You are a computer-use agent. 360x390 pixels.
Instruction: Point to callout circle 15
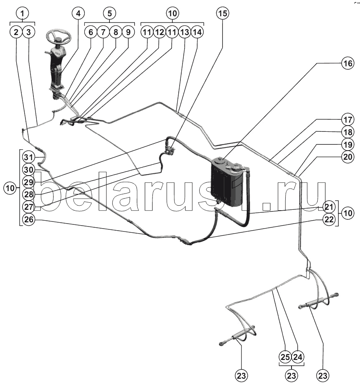tap(223, 13)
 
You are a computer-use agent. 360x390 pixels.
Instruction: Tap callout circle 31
tap(28, 157)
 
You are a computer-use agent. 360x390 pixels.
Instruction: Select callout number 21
tap(329, 207)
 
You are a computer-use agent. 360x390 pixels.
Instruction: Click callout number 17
tap(347, 119)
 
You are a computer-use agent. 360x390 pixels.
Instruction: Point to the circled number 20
tap(347, 157)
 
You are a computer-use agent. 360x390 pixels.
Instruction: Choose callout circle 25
tap(285, 357)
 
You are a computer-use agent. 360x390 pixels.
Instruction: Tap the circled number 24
tap(297, 357)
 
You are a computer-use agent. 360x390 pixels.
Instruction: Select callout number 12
tap(159, 32)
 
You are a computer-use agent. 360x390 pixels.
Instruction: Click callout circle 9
tap(128, 32)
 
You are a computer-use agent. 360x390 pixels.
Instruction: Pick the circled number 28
tap(28, 194)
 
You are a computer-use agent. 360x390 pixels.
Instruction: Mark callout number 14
tap(197, 32)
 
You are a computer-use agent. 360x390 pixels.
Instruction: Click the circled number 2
tap(16, 32)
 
